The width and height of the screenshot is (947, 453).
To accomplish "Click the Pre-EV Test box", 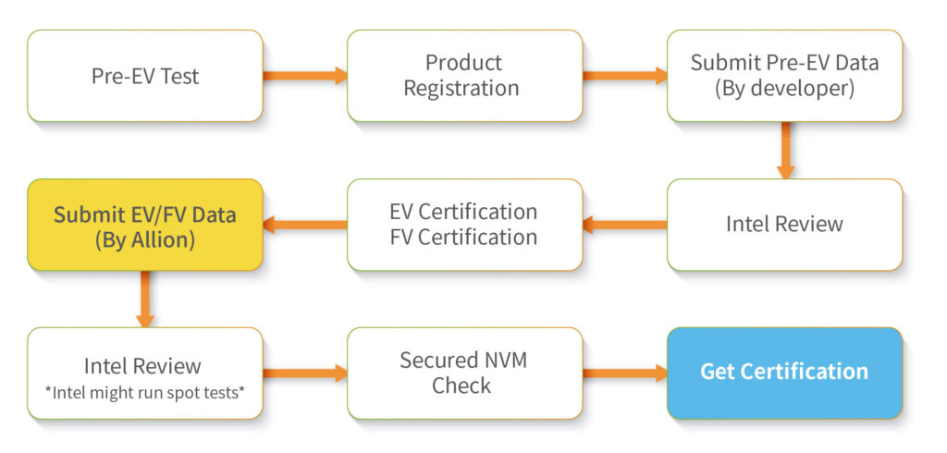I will pyautogui.click(x=144, y=76).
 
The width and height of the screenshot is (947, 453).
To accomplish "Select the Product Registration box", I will pyautogui.click(x=464, y=76).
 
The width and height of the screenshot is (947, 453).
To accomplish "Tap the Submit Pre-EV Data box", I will pyautogui.click(x=784, y=76).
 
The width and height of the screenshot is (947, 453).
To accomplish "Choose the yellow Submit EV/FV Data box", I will pyautogui.click(x=144, y=225).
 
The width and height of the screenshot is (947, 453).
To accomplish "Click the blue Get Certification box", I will pyautogui.click(x=784, y=373).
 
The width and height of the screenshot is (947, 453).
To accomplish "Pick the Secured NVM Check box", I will pyautogui.click(x=464, y=373).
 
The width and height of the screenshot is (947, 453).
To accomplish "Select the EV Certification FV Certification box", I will pyautogui.click(x=464, y=225).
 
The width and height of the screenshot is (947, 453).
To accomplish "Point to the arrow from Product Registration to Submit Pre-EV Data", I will pyautogui.click(x=625, y=76).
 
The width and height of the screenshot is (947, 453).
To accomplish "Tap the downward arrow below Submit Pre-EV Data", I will pyautogui.click(x=785, y=151).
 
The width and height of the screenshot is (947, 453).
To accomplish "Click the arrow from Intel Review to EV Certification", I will pyautogui.click(x=625, y=225).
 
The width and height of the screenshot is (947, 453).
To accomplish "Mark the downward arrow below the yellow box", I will pyautogui.click(x=145, y=299).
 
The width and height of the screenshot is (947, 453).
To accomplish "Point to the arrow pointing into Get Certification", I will pyautogui.click(x=625, y=373).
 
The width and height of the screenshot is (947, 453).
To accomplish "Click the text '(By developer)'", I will pyautogui.click(x=784, y=89).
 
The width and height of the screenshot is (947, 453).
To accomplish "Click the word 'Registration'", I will pyautogui.click(x=465, y=89).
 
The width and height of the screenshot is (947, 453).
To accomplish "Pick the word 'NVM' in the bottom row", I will pyautogui.click(x=502, y=360).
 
